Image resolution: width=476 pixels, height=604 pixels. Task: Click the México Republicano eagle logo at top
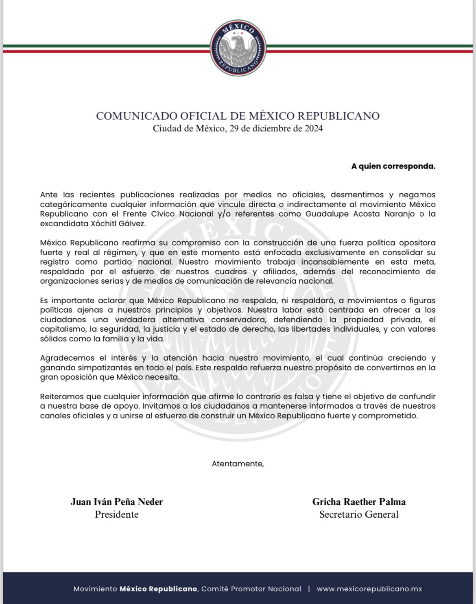(x=238, y=48)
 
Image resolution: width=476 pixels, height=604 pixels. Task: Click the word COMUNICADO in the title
(x=130, y=116)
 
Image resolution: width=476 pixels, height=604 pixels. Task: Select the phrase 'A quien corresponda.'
(x=393, y=166)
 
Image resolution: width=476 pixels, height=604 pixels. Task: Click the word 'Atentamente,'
(x=238, y=464)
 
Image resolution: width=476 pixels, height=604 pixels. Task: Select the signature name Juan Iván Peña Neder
(x=117, y=502)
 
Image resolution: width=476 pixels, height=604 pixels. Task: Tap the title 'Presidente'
(x=117, y=514)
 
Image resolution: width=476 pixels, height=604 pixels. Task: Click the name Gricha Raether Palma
(x=359, y=502)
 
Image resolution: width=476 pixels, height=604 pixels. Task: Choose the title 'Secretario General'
(x=359, y=514)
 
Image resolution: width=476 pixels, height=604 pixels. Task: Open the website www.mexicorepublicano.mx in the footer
(x=369, y=589)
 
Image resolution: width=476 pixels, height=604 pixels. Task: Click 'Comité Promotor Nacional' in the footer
(x=251, y=589)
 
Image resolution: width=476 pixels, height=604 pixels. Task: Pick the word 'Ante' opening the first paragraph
(x=49, y=195)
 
